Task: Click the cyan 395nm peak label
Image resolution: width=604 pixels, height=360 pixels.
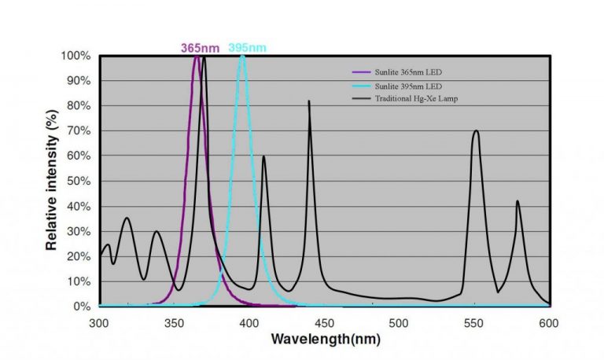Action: (x=247, y=47)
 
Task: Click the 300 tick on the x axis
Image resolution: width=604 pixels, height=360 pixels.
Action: (x=99, y=322)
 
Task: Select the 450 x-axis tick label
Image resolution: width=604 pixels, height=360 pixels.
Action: (x=325, y=322)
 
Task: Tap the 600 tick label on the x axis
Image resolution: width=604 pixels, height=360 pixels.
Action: (x=549, y=322)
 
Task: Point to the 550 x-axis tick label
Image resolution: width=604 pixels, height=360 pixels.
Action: (x=474, y=322)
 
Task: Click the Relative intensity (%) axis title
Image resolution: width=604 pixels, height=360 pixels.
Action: (x=51, y=181)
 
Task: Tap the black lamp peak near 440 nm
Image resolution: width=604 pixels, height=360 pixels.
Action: (x=309, y=101)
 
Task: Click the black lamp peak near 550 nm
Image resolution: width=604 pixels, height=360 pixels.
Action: (x=476, y=131)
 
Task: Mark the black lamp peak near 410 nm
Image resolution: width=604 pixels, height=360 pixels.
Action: (x=263, y=156)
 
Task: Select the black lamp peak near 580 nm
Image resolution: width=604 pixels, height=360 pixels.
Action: (x=517, y=201)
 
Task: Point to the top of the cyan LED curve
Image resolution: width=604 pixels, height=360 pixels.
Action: (x=242, y=56)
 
